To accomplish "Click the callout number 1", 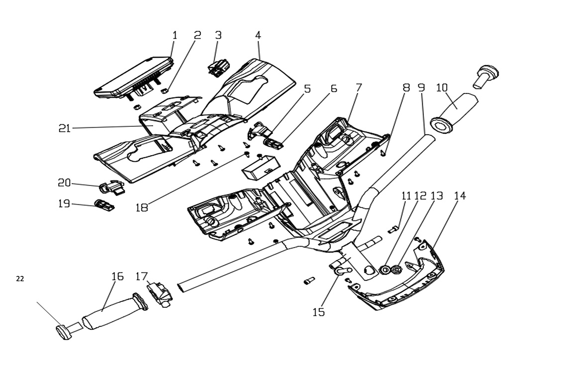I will pos(175,35).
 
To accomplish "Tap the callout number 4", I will pos(258,35).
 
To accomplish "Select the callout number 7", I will pos(359,88).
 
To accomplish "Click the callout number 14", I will pos(460,196).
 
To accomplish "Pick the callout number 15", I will pos(318,312).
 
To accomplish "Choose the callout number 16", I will pos(117,277).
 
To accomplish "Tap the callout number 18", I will pos(142,207).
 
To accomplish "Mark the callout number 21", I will pos(65,128).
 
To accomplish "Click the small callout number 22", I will pos(20,279).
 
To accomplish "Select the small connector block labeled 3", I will pos(216,68).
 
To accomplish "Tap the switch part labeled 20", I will pos(111,188).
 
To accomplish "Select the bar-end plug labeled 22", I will pos(63,332).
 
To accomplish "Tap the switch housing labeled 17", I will pos(160,295).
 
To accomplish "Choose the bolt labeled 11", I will pos(393,229).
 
